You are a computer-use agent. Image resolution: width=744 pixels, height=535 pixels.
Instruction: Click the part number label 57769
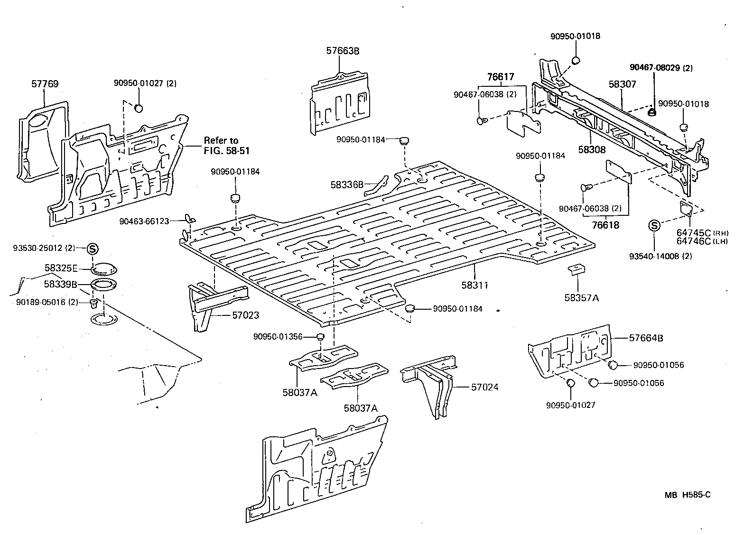[x=45, y=84]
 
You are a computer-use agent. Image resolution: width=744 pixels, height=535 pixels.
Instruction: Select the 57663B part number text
[x=343, y=51]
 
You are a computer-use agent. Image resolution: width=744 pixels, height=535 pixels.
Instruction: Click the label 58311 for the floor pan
[x=475, y=285]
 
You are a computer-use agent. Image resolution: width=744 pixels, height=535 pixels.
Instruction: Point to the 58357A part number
[x=582, y=298]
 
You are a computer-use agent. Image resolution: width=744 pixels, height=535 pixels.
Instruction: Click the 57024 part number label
[x=484, y=387]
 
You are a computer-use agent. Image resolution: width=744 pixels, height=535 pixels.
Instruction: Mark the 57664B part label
[x=646, y=338]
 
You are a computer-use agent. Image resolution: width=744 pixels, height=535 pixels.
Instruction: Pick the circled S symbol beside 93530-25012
[x=92, y=248]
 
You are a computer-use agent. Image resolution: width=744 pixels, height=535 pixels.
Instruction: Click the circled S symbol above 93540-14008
[x=654, y=226]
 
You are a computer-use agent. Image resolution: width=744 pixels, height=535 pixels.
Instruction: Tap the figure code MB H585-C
[x=687, y=495]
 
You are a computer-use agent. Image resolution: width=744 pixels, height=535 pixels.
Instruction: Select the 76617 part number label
[x=500, y=77]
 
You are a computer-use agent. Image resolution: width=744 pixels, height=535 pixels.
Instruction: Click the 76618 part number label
[x=605, y=225]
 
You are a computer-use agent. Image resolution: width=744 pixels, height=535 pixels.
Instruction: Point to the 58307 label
[x=622, y=84]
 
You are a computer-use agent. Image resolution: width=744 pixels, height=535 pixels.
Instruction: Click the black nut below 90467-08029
[x=652, y=112]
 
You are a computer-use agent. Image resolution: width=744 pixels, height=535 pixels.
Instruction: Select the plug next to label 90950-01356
[x=320, y=337]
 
